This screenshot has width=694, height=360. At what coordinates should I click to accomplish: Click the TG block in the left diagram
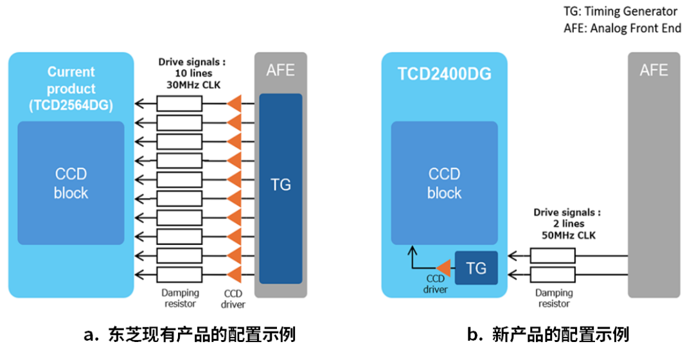pos(281,186)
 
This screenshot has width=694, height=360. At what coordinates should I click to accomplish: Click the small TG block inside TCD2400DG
pos(476,267)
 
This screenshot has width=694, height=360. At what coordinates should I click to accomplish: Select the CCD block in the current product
pos(71,183)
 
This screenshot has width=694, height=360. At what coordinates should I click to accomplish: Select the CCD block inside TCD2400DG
pos(444,183)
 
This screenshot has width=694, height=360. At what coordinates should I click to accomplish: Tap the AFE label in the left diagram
pos(280,70)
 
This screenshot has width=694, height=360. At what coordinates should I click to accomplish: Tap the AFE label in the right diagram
pos(654,70)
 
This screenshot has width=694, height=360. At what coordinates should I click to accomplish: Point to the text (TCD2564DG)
pos(71,106)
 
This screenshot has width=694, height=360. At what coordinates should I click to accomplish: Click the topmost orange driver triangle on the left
pos(235,103)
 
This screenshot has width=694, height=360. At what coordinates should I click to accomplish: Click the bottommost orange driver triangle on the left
pos(235,274)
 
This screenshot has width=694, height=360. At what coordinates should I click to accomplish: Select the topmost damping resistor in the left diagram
pos(179,104)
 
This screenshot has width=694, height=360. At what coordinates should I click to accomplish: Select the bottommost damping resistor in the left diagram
pos(179,274)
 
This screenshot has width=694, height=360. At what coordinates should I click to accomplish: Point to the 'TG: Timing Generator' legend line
pos(620,11)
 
